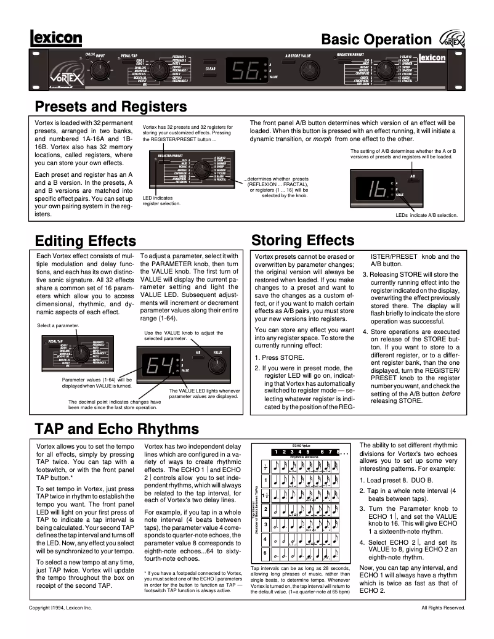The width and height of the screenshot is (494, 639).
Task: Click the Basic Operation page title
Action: pyautogui.click(x=376, y=39)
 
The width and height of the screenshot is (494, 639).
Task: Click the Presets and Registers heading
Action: pyautogui.click(x=111, y=107)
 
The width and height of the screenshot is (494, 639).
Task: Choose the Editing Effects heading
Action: pyautogui.click(x=86, y=240)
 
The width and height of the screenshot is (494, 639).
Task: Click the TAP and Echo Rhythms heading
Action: pyautogui.click(x=116, y=428)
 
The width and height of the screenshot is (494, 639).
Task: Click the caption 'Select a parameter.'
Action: pyautogui.click(x=58, y=325)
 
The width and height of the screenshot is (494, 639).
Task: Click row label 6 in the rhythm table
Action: pyautogui.click(x=265, y=552)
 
